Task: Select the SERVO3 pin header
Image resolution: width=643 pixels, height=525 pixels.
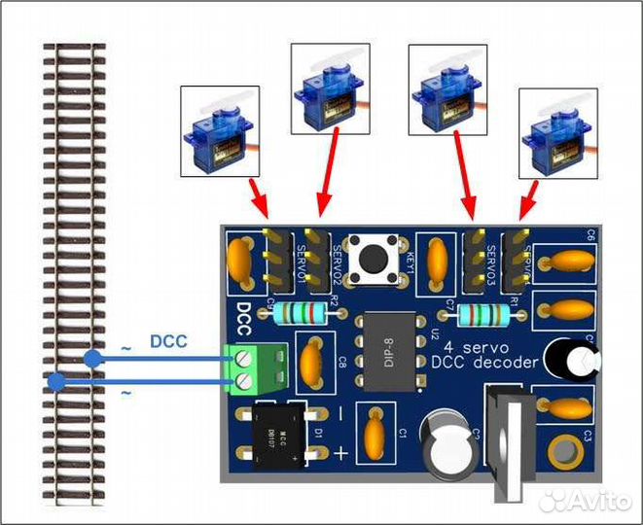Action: pyautogui.click(x=477, y=259)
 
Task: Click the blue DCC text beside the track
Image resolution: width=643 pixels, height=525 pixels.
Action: pyautogui.click(x=168, y=341)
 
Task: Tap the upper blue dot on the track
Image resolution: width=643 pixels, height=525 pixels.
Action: pyautogui.click(x=92, y=360)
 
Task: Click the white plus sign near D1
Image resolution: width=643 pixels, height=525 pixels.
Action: pyautogui.click(x=339, y=453)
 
